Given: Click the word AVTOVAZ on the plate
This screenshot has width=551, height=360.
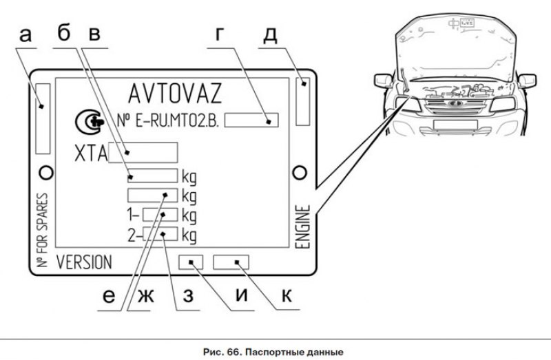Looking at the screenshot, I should click(174, 93).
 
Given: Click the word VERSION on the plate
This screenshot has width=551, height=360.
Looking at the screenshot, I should click(83, 262).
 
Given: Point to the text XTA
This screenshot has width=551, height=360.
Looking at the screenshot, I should click(90, 153).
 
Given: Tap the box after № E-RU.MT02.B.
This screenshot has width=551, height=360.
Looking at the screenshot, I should click(251, 120).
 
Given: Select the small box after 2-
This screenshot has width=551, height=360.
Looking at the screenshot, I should click(160, 235).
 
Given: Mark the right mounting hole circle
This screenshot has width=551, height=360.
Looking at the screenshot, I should click(299, 171).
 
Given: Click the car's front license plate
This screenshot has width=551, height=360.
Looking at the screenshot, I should click(450, 125).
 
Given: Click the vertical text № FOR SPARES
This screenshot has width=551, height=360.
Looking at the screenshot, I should click(43, 231).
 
